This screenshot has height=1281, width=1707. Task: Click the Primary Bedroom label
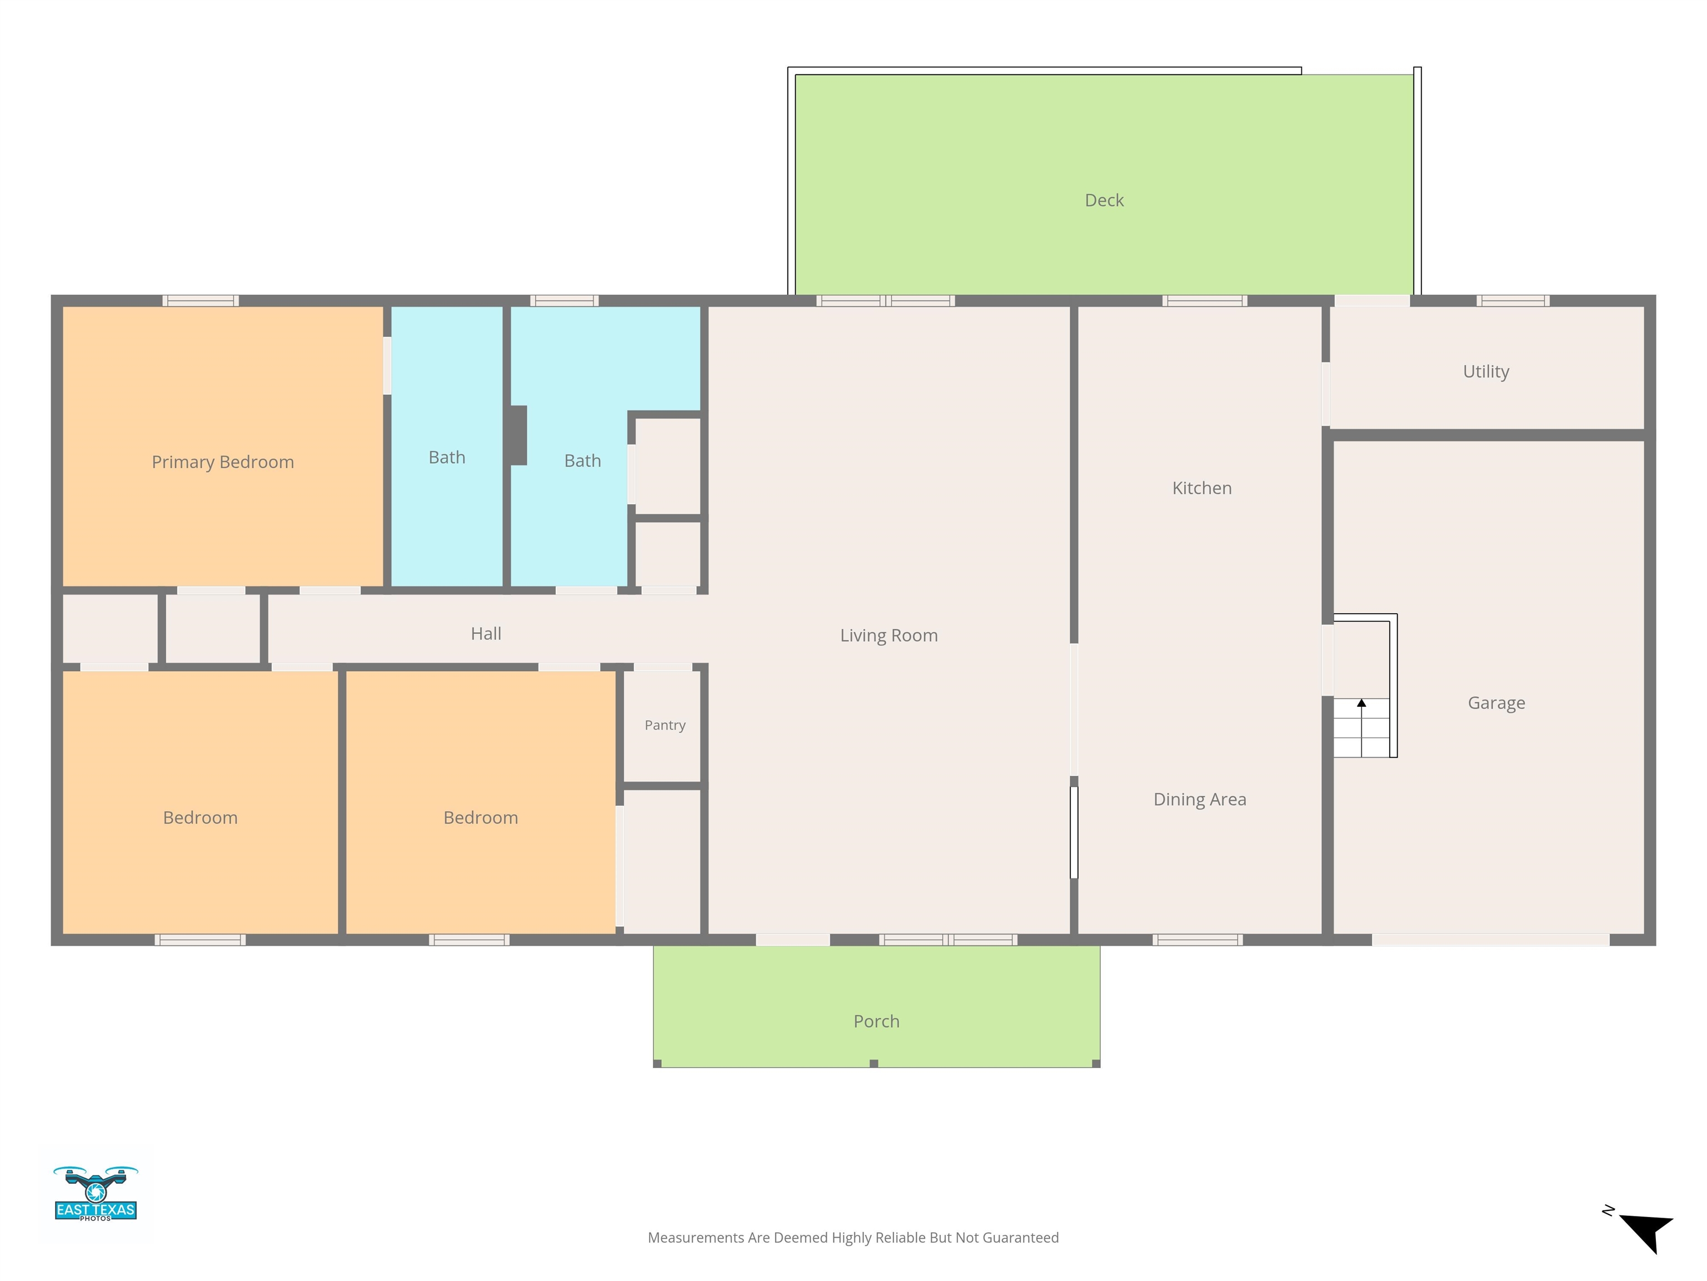222,461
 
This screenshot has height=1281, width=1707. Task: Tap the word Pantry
665,725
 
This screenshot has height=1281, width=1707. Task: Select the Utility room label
1485,371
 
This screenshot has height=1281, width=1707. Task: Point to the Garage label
1495,703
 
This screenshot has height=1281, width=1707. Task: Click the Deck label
1104,200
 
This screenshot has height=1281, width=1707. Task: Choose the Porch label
876,1021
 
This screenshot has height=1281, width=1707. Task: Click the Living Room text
888,635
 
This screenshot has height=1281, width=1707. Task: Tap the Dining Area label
1199,799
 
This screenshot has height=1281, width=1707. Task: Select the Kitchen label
1201,488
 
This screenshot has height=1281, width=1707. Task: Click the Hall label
486,634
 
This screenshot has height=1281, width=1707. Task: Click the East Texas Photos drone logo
96,1193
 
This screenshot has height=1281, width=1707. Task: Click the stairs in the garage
1361,727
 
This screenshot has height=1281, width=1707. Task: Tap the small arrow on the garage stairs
1361,703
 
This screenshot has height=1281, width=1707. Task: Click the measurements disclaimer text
853,1238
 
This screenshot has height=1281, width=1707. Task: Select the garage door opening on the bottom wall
1490,940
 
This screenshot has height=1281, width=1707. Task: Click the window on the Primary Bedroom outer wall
201,300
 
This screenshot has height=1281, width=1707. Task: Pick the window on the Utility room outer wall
1513,300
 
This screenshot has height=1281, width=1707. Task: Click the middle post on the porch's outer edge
874,1063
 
